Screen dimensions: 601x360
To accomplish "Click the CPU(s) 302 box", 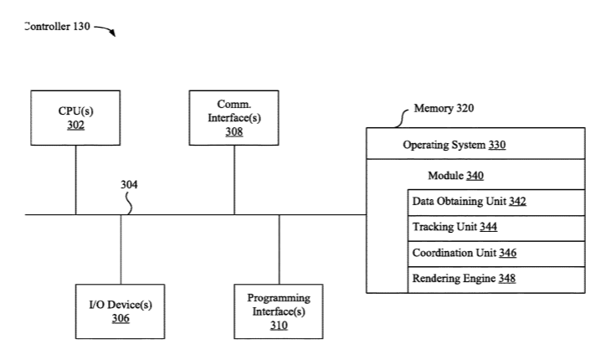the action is click(75, 118).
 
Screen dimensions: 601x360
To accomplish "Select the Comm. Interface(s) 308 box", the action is click(234, 118).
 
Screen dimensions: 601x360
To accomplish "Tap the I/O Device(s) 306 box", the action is click(121, 311).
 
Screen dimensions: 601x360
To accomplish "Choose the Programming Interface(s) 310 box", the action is click(279, 311).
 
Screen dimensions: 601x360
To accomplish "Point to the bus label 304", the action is click(129, 185).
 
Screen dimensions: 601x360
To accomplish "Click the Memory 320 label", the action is click(444, 108).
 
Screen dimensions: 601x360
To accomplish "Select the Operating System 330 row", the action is click(475, 143).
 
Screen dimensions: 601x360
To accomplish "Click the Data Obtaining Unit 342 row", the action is click(496, 202).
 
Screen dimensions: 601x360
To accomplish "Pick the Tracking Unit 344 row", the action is click(496, 228).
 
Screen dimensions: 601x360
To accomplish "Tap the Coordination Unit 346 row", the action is click(496, 254).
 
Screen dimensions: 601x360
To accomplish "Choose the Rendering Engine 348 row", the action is click(496, 280).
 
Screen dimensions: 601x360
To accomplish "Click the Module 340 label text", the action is click(455, 176).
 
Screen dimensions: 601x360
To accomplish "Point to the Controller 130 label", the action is click(57, 27).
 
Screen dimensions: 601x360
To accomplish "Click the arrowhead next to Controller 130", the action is click(112, 33).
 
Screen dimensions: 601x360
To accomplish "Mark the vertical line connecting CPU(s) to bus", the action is click(75, 180).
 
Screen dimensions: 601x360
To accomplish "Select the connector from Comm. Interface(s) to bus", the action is click(234, 180).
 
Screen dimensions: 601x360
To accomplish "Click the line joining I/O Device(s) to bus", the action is click(121, 249).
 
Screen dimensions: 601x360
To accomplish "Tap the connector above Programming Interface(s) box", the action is click(279, 249).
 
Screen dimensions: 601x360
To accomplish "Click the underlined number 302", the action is click(75, 125).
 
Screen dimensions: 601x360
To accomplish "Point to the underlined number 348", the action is click(506, 278).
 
